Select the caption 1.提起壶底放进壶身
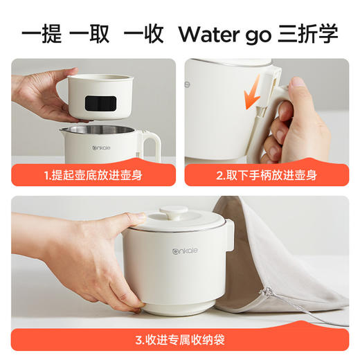93,175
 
